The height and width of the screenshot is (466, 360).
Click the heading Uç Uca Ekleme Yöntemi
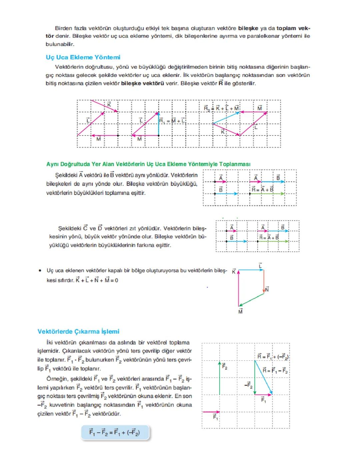83,57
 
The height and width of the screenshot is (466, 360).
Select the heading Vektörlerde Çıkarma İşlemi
78,331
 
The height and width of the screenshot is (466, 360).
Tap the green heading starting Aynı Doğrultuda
148,164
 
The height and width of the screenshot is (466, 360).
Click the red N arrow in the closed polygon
264,281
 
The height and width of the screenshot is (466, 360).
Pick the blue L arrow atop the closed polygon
251,270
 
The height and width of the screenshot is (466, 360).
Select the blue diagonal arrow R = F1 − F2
263,378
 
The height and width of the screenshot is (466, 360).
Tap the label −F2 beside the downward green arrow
248,386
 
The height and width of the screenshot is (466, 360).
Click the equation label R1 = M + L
172,121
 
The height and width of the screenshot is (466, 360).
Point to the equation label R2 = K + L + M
221,108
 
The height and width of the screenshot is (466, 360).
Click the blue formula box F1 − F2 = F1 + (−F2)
114,433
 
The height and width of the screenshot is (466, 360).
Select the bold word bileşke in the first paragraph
248,28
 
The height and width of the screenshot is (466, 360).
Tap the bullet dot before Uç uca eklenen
40,271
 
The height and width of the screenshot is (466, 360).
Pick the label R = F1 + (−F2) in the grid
273,357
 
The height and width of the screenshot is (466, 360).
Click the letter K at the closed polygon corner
234,272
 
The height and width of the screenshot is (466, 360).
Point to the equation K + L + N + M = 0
97,280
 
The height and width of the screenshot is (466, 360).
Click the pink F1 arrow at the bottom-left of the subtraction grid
211,412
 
